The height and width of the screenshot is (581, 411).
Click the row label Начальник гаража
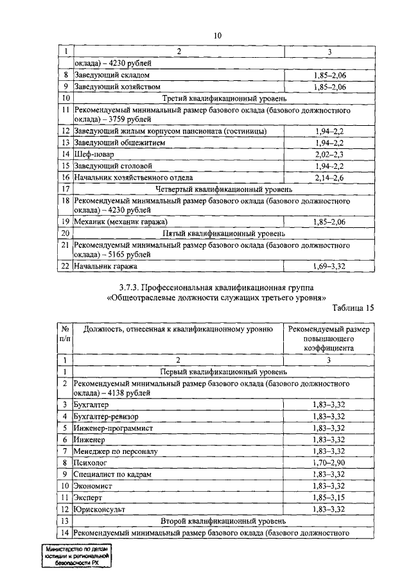[x=105, y=265]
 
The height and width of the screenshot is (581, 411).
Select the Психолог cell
[x=91, y=462]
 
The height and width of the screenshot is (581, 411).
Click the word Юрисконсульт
[x=100, y=508]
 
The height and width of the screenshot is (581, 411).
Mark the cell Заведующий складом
[x=109, y=75]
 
